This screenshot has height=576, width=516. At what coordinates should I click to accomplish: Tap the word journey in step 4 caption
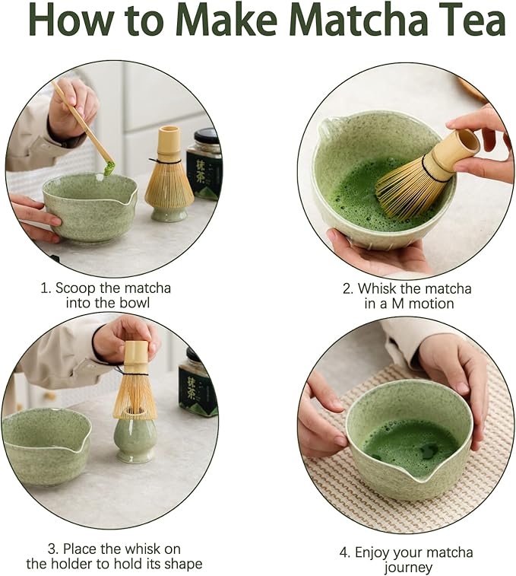tap(408, 568)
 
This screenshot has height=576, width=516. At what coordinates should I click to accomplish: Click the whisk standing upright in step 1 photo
tap(169, 179)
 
